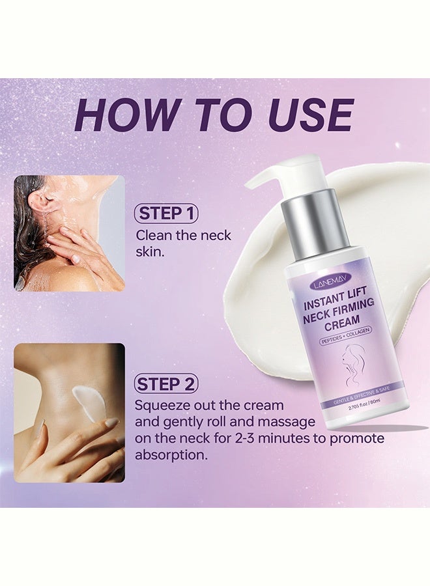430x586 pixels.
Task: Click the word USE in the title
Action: click(x=311, y=115)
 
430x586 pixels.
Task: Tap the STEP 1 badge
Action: click(x=166, y=214)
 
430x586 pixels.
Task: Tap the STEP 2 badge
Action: click(x=166, y=384)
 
